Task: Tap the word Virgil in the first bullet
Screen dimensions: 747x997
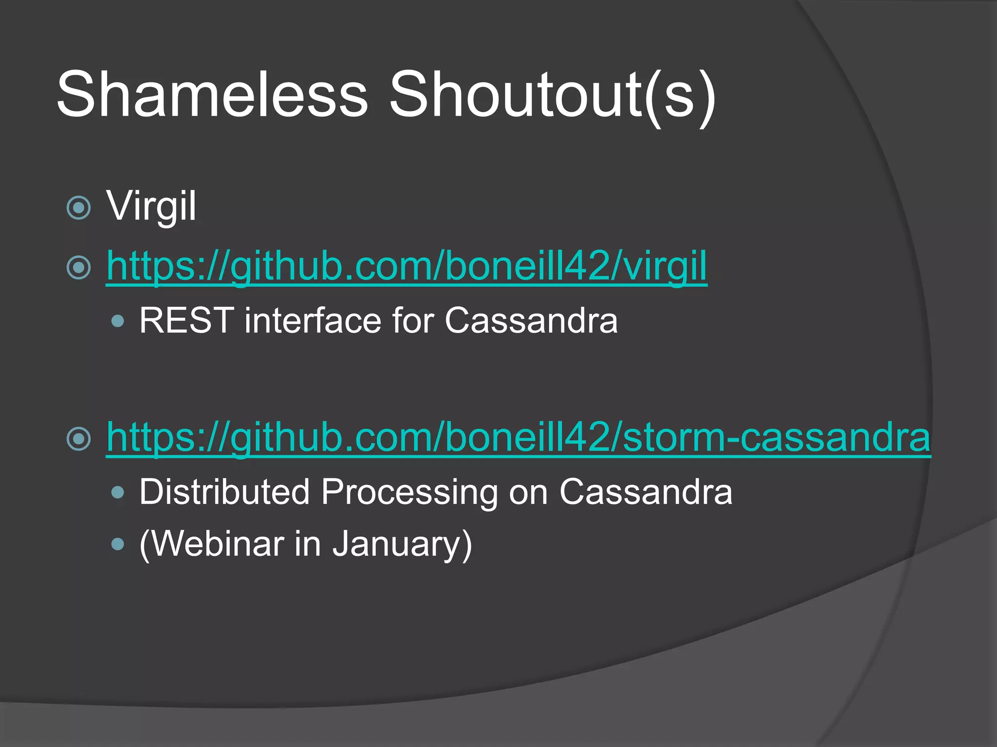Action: click(x=151, y=206)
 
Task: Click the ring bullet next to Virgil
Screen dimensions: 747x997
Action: click(x=78, y=208)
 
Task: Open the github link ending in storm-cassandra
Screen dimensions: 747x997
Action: click(x=518, y=437)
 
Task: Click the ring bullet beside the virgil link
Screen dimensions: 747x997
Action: click(x=78, y=267)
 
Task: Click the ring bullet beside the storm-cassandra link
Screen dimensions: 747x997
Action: click(x=78, y=438)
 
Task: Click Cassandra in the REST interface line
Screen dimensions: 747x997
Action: click(x=531, y=320)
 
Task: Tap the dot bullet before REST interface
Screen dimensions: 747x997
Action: click(x=118, y=321)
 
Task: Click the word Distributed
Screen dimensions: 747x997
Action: click(x=224, y=492)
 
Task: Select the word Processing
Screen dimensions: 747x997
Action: click(x=409, y=492)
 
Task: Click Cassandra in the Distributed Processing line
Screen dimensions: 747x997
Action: click(x=646, y=492)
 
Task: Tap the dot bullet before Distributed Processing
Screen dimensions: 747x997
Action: click(x=118, y=493)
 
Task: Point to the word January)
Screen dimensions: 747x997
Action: click(x=402, y=543)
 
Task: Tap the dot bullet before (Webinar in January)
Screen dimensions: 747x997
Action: click(x=118, y=544)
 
